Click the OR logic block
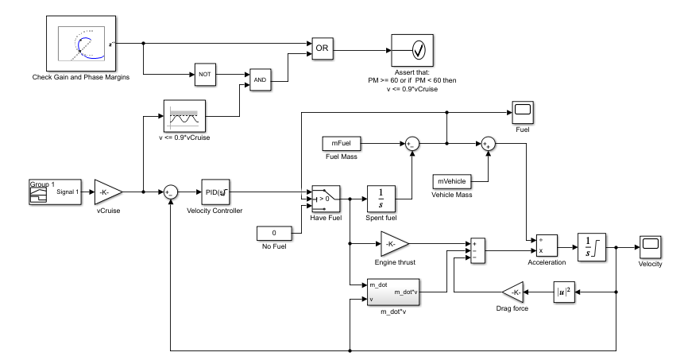coord(322,48)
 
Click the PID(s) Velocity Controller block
coord(216,191)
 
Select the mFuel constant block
coord(342,143)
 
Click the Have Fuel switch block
coord(325,197)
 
